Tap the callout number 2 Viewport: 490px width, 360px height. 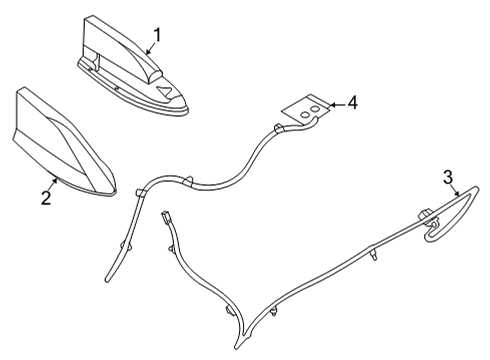45,198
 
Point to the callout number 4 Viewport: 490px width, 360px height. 352,102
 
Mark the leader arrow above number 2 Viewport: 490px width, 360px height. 54,183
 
